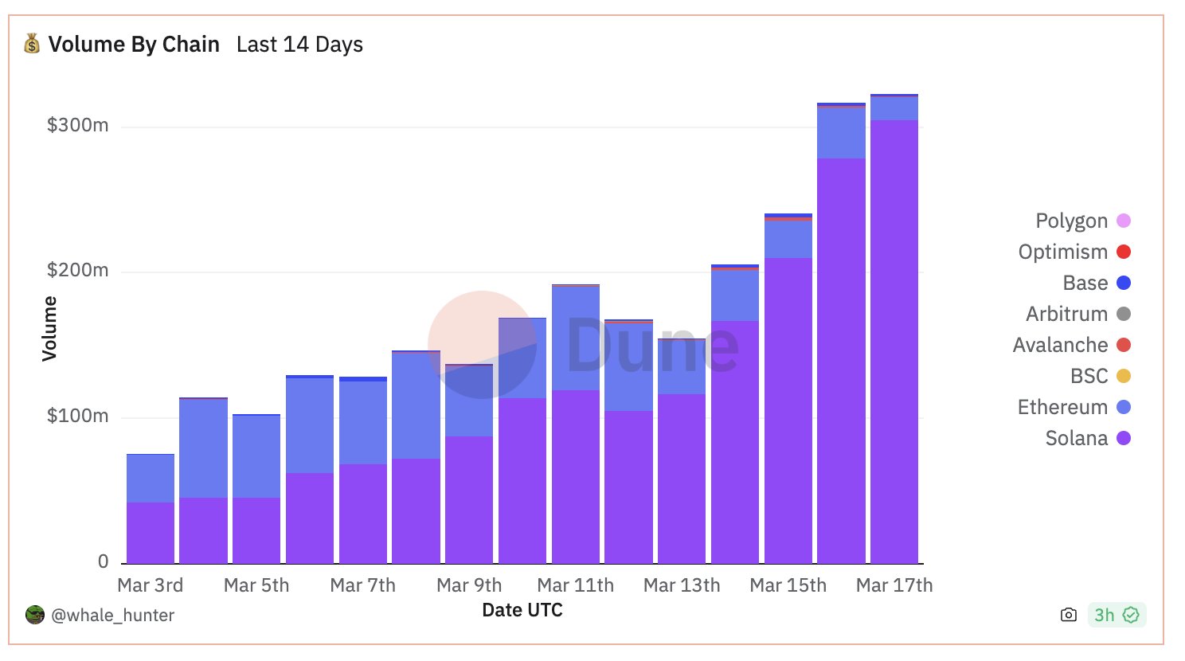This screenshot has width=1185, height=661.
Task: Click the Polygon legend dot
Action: pyautogui.click(x=1124, y=221)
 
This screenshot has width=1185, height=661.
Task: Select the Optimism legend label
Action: pyautogui.click(x=1062, y=252)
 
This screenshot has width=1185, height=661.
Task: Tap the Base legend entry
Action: pyautogui.click(x=1085, y=283)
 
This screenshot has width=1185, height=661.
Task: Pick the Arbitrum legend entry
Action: pyautogui.click(x=1066, y=314)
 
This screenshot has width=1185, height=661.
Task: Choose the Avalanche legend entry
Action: pyautogui.click(x=1060, y=345)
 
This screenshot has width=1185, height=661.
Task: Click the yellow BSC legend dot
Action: pyautogui.click(x=1124, y=376)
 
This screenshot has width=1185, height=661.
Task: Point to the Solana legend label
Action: pyautogui.click(x=1076, y=438)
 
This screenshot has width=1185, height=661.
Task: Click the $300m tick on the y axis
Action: pyautogui.click(x=77, y=125)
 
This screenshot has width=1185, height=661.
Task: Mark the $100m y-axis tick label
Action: pyautogui.click(x=77, y=416)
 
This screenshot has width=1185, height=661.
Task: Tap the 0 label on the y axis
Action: pyautogui.click(x=103, y=561)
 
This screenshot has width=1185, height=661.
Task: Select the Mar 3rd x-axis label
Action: pyautogui.click(x=150, y=585)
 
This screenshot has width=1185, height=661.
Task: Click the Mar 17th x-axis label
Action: pyautogui.click(x=894, y=585)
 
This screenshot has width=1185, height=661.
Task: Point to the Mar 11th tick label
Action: pyautogui.click(x=575, y=585)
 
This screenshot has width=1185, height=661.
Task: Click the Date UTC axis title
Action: pyautogui.click(x=522, y=610)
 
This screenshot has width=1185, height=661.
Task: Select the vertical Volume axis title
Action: pyautogui.click(x=50, y=328)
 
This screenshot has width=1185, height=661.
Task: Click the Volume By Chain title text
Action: pyautogui.click(x=134, y=45)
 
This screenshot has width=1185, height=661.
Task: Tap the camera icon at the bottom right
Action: pyautogui.click(x=1069, y=615)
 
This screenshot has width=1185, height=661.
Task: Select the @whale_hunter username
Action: pyautogui.click(x=112, y=615)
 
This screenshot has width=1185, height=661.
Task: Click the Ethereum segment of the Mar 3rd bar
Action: pyautogui.click(x=150, y=478)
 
